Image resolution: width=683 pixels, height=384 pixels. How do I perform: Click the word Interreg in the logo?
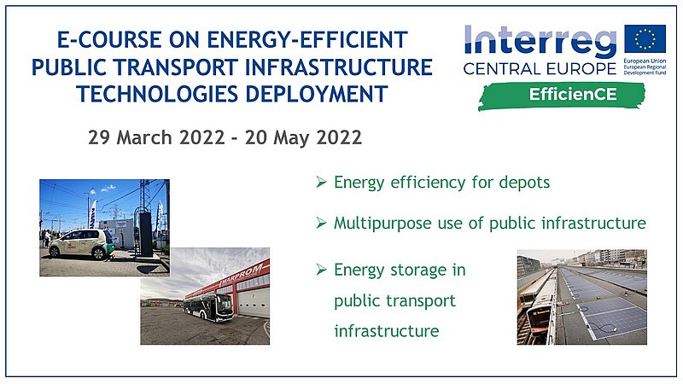point(540,42)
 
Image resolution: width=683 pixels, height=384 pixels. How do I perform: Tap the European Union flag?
point(645,38)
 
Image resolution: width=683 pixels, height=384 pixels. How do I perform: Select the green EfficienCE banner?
point(562,96)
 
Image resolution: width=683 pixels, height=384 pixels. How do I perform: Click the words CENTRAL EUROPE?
point(540,69)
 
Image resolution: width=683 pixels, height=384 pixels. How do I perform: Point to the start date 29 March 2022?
point(156,137)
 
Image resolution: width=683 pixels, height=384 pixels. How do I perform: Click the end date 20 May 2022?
point(303,137)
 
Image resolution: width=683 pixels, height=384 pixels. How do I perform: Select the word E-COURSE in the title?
point(109,39)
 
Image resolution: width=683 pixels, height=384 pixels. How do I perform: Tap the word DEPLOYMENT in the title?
point(317,94)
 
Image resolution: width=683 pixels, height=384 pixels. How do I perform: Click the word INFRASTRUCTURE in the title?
point(338,67)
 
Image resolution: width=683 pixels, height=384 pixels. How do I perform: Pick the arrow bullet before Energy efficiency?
point(322,182)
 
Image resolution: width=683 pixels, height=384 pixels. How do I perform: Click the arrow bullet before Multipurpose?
point(322,223)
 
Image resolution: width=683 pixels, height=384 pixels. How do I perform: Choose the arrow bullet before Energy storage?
point(322,270)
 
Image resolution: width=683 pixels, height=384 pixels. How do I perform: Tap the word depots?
point(524,183)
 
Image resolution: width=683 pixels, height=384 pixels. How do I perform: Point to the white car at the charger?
point(81,244)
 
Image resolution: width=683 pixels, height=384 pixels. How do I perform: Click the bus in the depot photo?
point(208,307)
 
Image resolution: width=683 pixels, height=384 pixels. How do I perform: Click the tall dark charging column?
point(146,234)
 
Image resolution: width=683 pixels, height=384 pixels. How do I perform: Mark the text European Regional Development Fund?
point(645,70)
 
